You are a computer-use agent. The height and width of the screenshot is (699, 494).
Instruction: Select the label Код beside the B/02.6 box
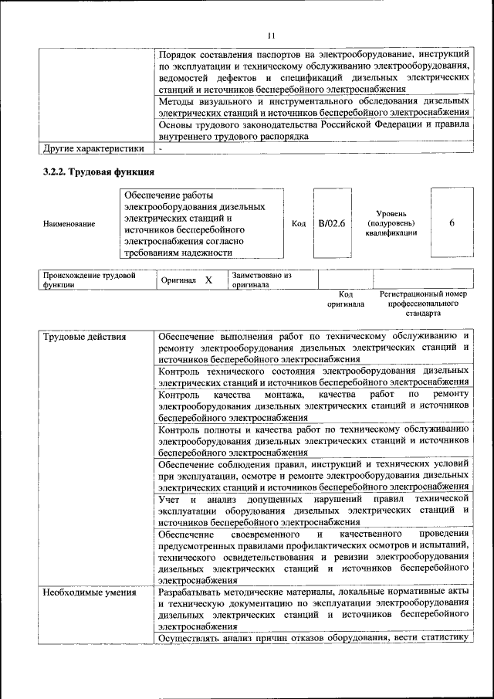(299, 224)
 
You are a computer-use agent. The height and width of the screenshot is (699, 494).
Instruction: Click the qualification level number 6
(452, 223)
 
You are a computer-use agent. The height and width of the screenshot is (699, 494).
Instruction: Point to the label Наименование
(69, 224)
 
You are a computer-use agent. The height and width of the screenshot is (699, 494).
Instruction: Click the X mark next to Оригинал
(208, 280)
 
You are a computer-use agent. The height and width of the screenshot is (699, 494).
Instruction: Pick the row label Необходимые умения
(90, 592)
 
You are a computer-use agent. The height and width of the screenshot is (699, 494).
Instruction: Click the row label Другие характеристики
(93, 148)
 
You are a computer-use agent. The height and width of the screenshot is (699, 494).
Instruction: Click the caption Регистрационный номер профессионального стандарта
(424, 304)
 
